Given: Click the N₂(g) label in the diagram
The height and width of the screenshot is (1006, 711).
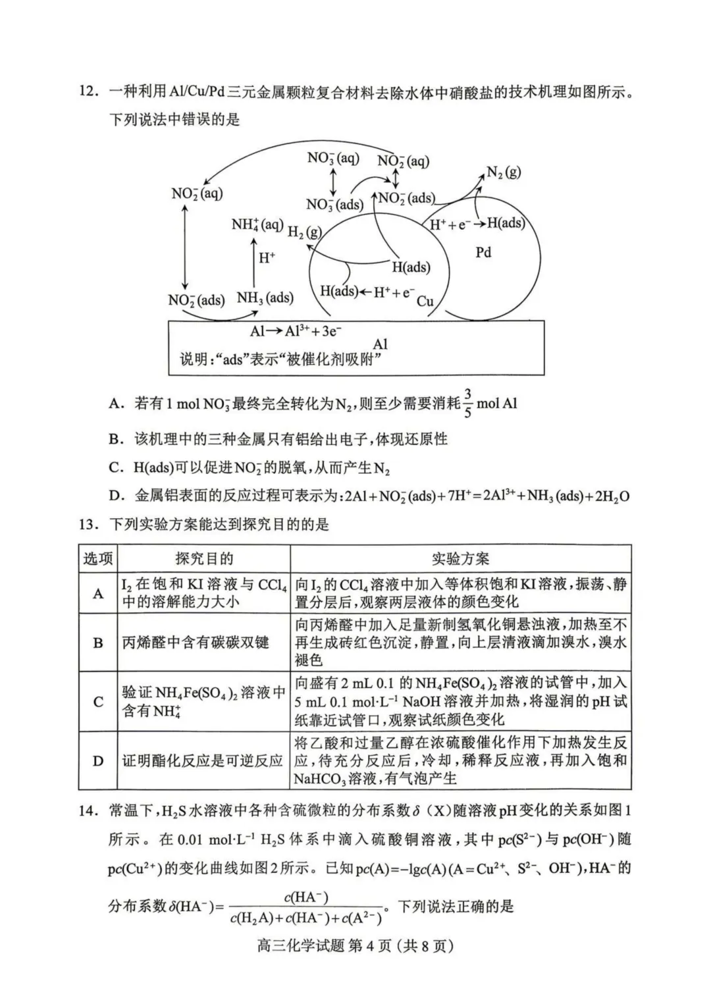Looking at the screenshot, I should (x=504, y=172).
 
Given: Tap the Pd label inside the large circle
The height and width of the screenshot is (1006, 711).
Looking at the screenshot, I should (x=483, y=252).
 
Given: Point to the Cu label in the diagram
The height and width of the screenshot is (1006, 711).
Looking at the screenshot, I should (x=425, y=302).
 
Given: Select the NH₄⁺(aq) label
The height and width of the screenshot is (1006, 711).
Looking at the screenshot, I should (x=257, y=225).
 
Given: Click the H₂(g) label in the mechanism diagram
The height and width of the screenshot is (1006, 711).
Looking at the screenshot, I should (x=304, y=232).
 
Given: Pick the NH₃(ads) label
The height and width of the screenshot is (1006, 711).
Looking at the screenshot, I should (x=265, y=298).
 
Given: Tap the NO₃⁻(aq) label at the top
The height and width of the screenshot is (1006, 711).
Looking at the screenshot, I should (x=333, y=158).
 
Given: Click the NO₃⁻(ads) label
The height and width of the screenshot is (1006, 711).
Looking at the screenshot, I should (x=334, y=204).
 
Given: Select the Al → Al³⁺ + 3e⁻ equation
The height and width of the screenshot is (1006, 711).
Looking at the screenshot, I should (x=296, y=331).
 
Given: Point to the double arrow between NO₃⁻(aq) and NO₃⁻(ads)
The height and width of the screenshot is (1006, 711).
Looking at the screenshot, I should (x=333, y=181).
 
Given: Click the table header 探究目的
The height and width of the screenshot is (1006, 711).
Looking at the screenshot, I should (x=204, y=559).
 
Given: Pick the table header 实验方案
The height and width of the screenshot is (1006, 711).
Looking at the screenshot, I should (x=461, y=559).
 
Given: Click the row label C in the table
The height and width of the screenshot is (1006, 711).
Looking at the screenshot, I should (x=98, y=702).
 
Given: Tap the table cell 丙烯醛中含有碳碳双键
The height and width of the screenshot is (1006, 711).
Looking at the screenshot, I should (x=196, y=643).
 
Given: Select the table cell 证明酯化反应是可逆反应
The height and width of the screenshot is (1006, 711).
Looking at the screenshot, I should (x=203, y=761).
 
